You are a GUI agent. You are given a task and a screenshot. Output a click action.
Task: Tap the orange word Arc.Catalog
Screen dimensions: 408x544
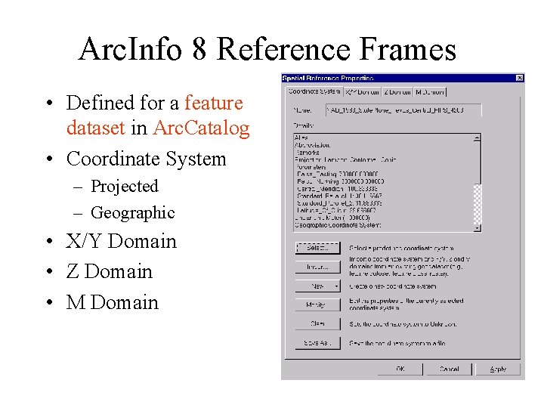point(200,128)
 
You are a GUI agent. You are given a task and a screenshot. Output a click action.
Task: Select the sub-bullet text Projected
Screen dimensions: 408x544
point(124,186)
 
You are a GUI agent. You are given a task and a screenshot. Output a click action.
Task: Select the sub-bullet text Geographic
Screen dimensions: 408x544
point(132,212)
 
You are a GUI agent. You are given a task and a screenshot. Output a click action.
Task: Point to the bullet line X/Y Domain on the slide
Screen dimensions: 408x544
point(121,241)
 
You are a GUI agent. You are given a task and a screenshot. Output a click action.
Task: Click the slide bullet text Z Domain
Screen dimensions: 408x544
point(109,271)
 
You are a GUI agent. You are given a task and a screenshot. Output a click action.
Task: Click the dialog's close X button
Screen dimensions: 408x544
point(519,78)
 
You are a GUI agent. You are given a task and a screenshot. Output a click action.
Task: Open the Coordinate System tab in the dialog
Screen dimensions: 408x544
point(314,92)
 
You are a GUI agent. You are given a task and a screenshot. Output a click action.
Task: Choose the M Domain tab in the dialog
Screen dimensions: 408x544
point(430,92)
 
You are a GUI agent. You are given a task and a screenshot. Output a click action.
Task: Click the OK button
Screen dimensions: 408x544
point(400,369)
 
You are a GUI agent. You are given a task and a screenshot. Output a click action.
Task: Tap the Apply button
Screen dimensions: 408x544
point(498,369)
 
